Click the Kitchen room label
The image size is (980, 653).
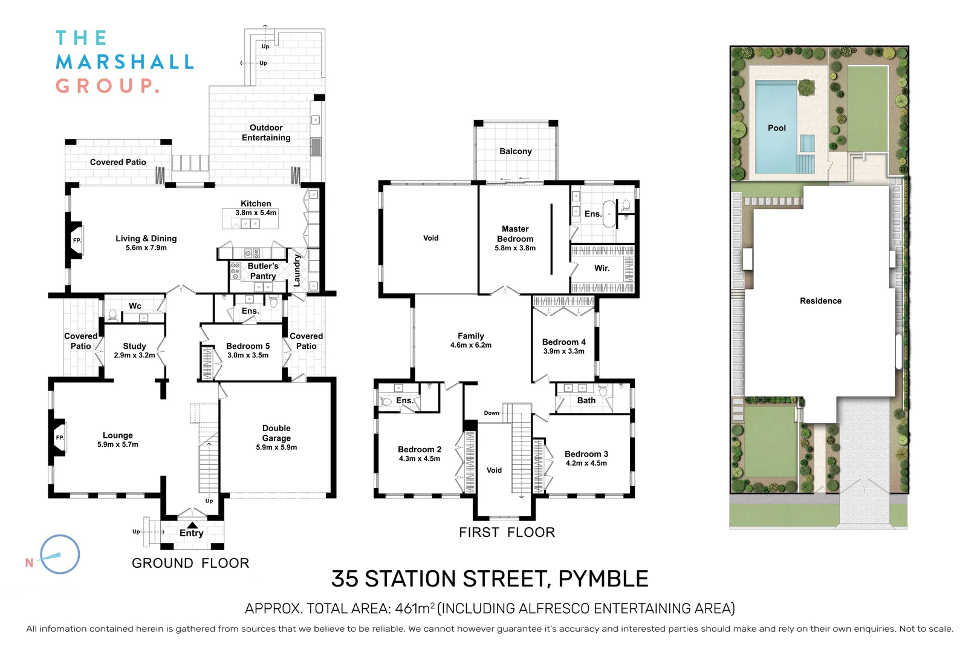click(x=256, y=204)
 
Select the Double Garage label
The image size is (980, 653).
click(x=276, y=433)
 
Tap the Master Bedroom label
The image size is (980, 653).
click(x=515, y=234)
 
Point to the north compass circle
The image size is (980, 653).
click(x=60, y=554)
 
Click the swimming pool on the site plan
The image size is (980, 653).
click(x=776, y=128)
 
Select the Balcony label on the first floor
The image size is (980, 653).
click(x=516, y=151)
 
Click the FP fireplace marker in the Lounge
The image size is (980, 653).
click(x=60, y=438)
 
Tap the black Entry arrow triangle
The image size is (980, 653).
click(x=192, y=525)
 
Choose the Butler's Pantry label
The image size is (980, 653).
click(x=263, y=271)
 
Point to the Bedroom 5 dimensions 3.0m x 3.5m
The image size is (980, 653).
click(x=248, y=356)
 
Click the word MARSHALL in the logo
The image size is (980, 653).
click(x=125, y=62)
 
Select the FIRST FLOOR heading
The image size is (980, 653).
click(x=507, y=533)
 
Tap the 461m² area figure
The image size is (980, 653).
click(x=415, y=608)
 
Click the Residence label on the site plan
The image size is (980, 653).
click(x=820, y=301)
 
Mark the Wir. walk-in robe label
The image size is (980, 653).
click(x=602, y=268)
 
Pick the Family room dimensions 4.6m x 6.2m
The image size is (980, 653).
click(x=471, y=345)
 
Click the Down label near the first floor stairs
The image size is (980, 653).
click(x=492, y=413)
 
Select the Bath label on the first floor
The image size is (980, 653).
click(x=586, y=400)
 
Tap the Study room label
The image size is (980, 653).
click(x=134, y=346)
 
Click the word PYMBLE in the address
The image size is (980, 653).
click(x=603, y=579)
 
